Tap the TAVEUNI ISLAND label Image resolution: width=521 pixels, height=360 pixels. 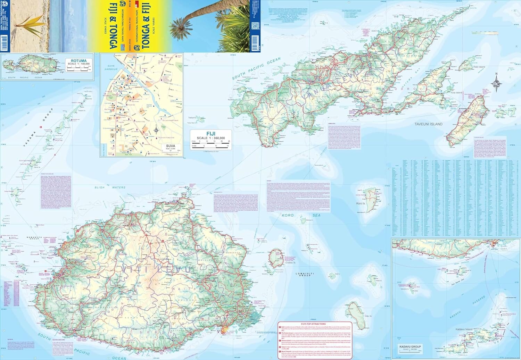click(428, 124)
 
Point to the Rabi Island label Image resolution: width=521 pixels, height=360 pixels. click(479, 67)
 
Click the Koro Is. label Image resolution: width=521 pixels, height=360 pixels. click(361, 203)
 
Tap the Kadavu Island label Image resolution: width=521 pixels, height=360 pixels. click(464, 329)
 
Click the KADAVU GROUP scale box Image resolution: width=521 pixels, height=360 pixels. click(410, 348)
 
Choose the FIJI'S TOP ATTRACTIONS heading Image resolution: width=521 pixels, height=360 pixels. click(314, 324)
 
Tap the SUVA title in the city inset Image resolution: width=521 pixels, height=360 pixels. click(171, 146)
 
